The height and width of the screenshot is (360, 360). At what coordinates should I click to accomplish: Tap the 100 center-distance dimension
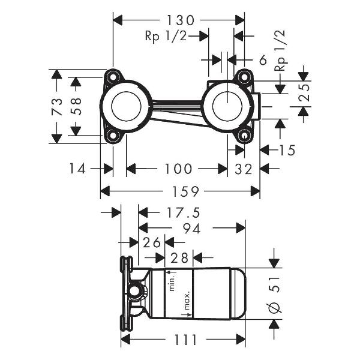click(x=179, y=169)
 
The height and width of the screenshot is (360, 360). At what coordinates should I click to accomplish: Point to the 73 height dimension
click(x=57, y=106)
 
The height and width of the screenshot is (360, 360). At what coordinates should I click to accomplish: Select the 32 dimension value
click(x=244, y=169)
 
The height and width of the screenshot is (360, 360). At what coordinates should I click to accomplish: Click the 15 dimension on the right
click(x=287, y=150)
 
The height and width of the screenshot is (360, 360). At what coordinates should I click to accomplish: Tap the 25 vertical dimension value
click(x=304, y=94)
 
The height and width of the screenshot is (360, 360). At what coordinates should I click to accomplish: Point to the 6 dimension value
click(x=263, y=59)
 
